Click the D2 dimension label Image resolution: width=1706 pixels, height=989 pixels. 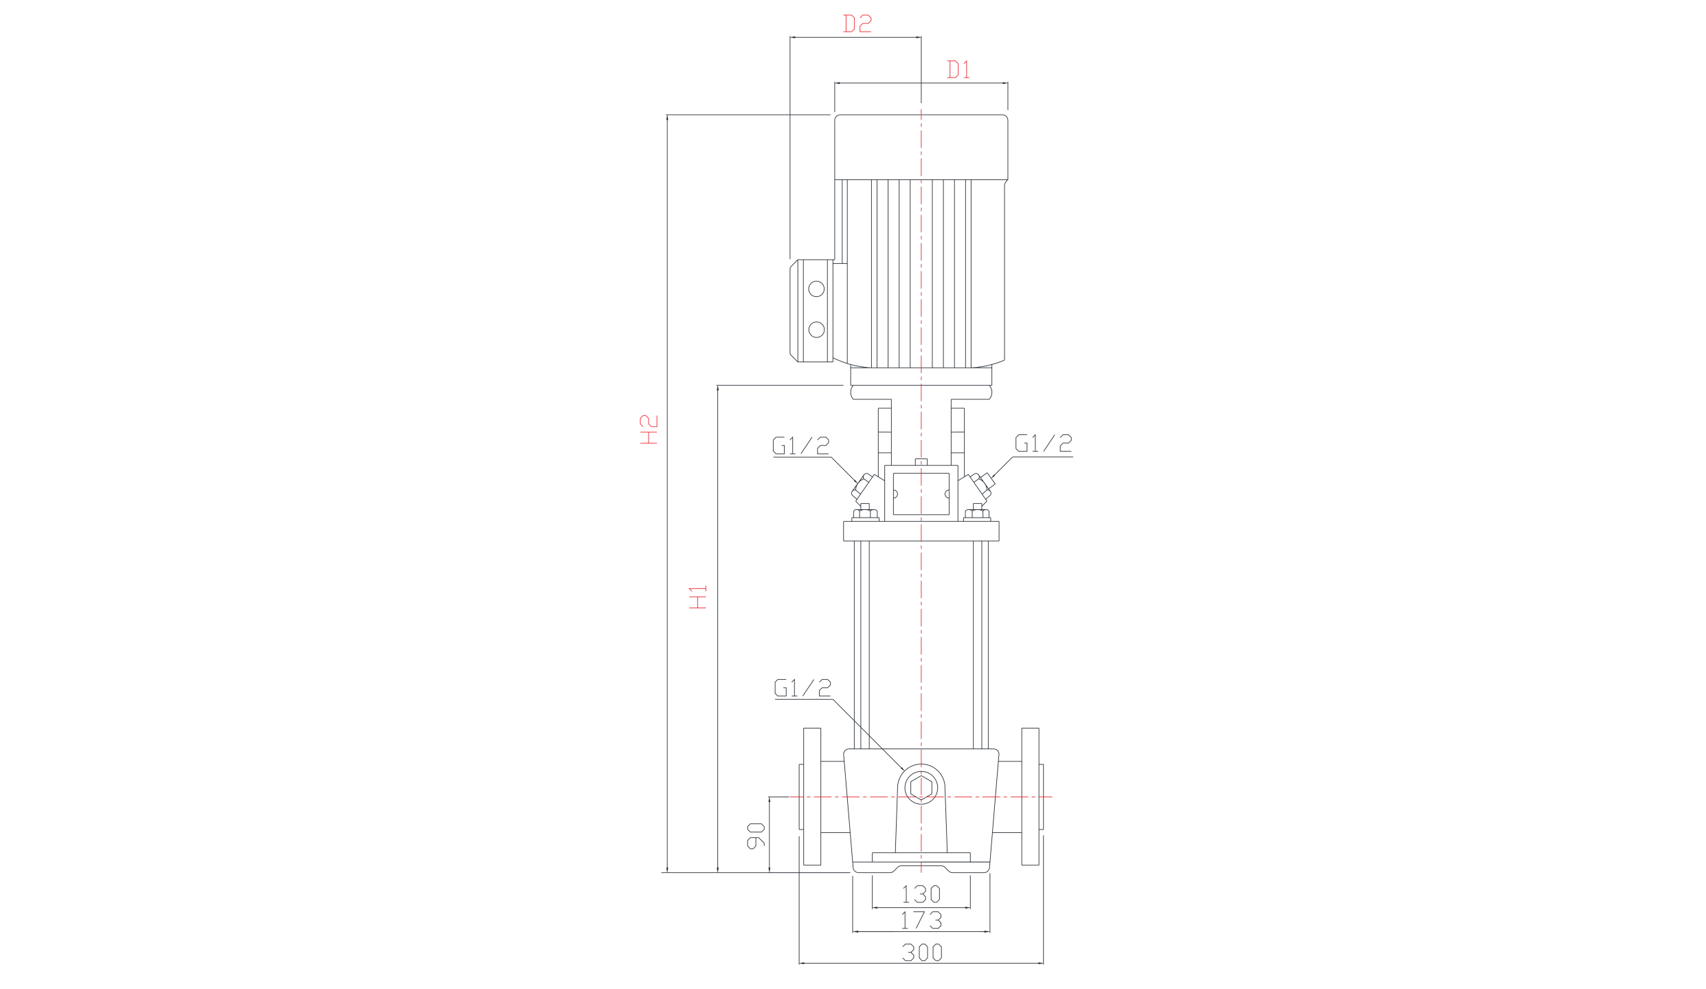coord(857,24)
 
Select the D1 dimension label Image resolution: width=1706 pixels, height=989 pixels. coord(958,70)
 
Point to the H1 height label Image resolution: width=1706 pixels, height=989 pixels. coord(699,597)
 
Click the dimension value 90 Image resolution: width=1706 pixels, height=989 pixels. coord(756,834)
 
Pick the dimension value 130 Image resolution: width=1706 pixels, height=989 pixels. coord(921,894)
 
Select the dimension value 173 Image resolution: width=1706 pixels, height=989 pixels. coord(921,920)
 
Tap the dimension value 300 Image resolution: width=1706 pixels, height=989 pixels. coord(921,953)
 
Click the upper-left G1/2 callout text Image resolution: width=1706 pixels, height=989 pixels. coord(801,445)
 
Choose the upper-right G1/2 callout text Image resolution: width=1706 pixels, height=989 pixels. coord(1044,444)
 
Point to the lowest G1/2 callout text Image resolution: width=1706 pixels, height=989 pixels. coord(803,688)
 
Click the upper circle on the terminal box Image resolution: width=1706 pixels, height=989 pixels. coord(816,289)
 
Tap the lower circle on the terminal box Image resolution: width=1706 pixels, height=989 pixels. coord(816,331)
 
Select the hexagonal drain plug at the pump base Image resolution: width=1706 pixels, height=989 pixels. coord(921,786)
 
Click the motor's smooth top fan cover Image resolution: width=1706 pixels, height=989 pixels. coord(921,147)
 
